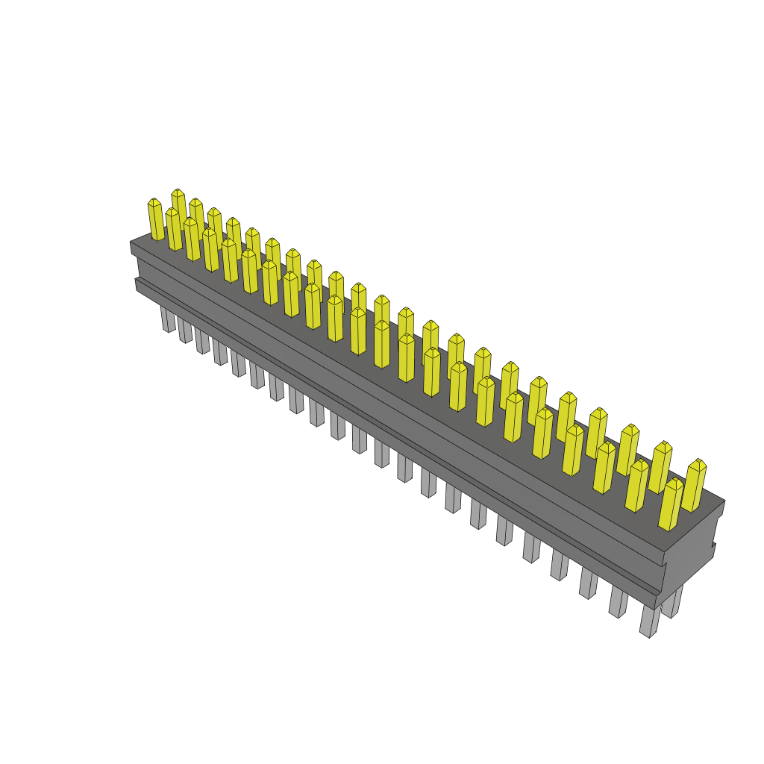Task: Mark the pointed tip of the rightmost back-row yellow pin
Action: point(698,461)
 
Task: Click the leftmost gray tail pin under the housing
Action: point(167,319)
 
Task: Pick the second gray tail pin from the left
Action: point(184,330)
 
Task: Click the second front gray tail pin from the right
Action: point(619,602)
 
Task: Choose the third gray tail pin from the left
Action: point(201,341)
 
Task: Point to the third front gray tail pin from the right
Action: point(588,584)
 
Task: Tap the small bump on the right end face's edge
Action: point(714,549)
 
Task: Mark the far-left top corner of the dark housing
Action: point(131,242)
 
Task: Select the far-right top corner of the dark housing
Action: point(724,501)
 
